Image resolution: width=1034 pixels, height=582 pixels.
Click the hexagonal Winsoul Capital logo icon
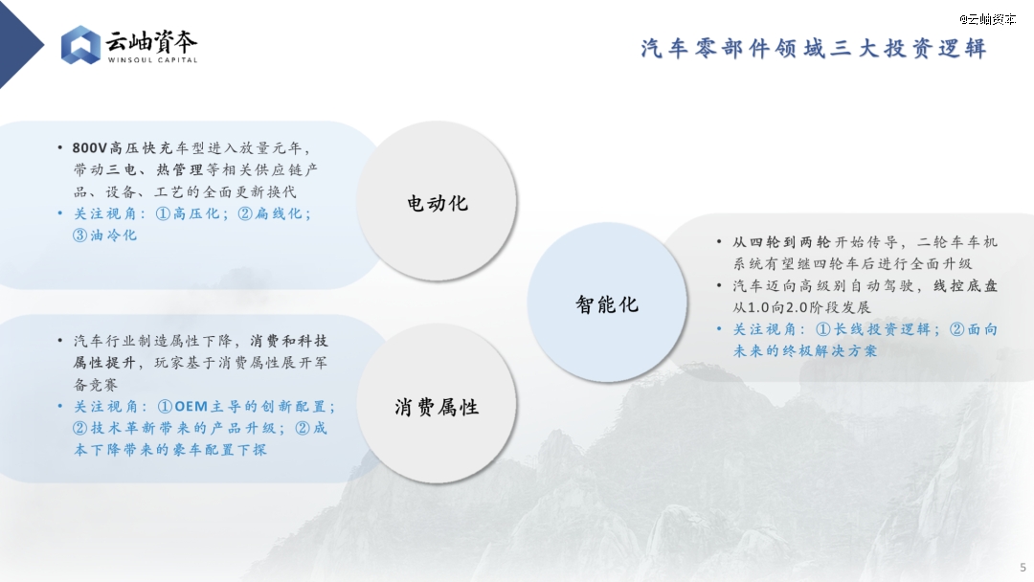click(80, 45)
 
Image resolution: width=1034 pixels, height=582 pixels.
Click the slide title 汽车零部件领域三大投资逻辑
click(814, 48)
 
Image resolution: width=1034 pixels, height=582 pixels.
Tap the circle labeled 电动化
click(437, 202)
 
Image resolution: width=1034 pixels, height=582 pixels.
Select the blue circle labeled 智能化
click(607, 303)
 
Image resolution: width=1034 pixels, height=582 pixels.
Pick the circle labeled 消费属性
click(437, 405)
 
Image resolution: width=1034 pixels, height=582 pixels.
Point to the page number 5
click(1023, 568)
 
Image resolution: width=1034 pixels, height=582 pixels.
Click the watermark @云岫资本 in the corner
click(987, 19)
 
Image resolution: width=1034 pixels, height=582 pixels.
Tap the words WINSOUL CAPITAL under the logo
click(152, 60)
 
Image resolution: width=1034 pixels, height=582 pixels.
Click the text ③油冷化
click(105, 235)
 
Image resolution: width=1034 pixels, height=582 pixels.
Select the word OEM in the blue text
click(191, 407)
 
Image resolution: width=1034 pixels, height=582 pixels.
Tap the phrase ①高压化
click(188, 213)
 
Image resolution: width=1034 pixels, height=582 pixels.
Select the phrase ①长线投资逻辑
click(873, 329)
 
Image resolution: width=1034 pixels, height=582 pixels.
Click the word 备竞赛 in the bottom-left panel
click(95, 384)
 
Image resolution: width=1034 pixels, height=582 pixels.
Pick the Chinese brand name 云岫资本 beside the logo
click(151, 41)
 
